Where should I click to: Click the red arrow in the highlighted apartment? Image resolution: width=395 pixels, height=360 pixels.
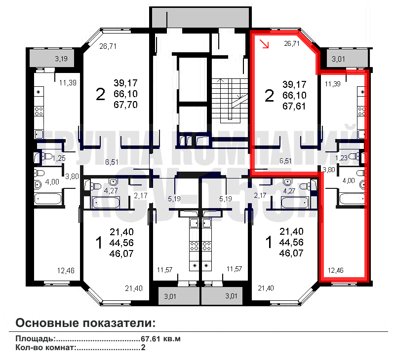tap(265, 45)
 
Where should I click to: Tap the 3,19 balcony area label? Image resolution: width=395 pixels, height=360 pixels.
tap(61, 59)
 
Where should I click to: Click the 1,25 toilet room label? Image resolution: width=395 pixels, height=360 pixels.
tap(59, 158)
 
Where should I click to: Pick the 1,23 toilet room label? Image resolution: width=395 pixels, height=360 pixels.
tap(341, 158)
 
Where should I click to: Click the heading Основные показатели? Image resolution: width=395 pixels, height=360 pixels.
tap(85, 324)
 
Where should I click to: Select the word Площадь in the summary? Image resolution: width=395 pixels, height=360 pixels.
tap(34, 339)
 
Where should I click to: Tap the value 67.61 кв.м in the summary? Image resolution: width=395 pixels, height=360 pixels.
tap(161, 339)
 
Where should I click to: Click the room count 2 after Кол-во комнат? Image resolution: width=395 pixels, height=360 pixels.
tap(143, 348)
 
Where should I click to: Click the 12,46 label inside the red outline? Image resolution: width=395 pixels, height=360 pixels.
tap(335, 270)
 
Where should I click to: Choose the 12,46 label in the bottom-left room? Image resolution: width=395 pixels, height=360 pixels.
tap(66, 270)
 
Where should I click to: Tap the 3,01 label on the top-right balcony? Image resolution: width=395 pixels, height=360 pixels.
tap(339, 59)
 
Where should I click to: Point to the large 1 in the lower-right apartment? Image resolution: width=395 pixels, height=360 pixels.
tap(269, 243)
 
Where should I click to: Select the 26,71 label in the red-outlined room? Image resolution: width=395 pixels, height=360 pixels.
tap(291, 43)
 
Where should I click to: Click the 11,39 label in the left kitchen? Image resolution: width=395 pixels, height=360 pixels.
tap(68, 82)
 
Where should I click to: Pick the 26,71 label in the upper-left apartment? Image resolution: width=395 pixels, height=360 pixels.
tap(107, 47)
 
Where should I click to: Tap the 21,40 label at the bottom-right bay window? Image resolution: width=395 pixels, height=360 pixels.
tap(266, 288)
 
